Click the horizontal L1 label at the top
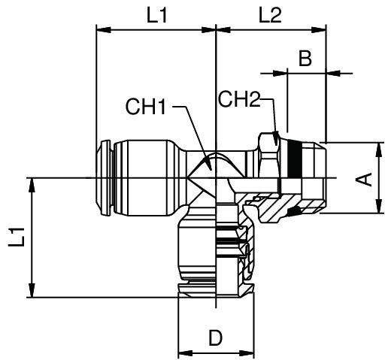(x=156, y=15)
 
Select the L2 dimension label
(x=269, y=15)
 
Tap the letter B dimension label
(x=305, y=59)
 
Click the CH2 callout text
(x=239, y=98)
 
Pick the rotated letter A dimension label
(x=363, y=178)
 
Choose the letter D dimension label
(x=216, y=338)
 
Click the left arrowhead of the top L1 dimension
(x=101, y=31)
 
